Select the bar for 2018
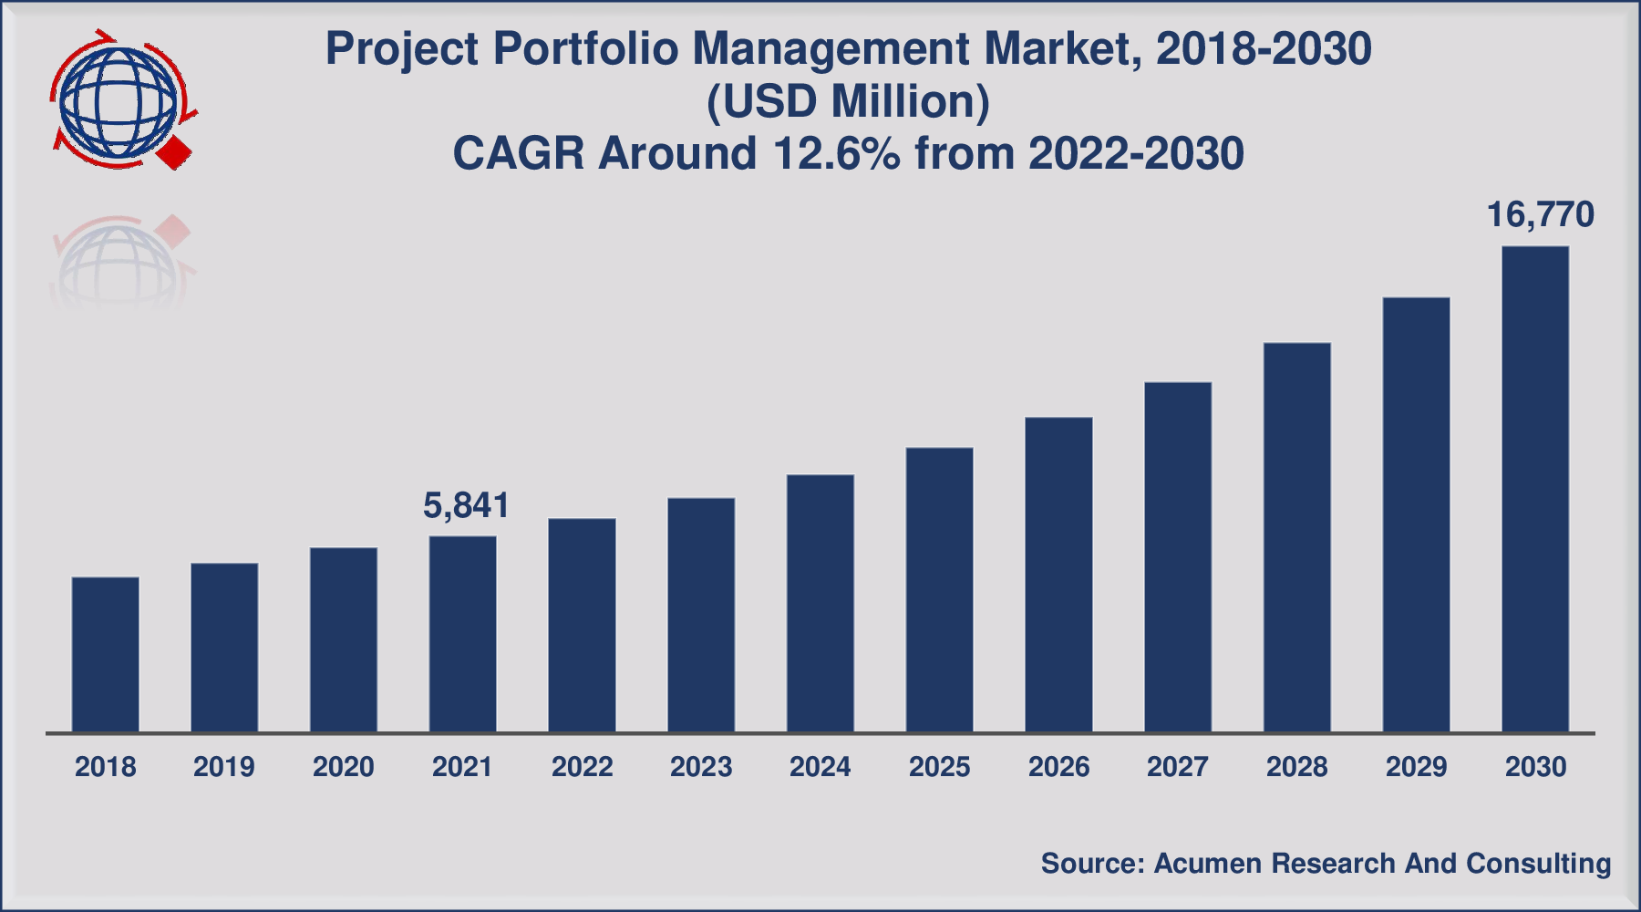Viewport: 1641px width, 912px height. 106,654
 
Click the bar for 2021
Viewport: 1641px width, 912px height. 463,634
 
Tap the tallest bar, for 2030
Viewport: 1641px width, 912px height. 1535,489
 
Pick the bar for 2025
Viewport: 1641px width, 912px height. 940,589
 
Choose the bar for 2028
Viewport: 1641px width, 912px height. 1297,537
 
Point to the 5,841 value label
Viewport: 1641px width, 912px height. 466,505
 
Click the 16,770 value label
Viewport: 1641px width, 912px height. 1540,215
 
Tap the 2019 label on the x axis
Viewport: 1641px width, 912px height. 224,767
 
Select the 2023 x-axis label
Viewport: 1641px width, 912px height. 701,767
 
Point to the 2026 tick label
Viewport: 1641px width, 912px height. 1058,767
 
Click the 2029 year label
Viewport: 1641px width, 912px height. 1416,767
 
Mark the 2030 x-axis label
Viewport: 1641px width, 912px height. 1535,767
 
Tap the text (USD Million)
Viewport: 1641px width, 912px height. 848,101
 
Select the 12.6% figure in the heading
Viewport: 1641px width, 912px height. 837,153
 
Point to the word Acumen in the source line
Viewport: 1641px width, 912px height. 1208,863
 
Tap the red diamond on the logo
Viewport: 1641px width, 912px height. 174,152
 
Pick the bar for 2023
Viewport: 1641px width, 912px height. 701,615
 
